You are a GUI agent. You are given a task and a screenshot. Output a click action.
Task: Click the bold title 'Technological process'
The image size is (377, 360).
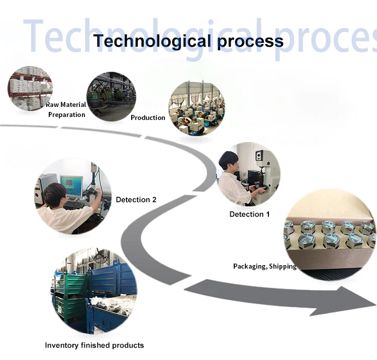point(189,41)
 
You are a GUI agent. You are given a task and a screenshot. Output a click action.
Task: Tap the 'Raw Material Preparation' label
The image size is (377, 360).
point(66,109)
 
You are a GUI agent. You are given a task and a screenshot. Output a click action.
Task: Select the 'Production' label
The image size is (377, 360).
point(148,117)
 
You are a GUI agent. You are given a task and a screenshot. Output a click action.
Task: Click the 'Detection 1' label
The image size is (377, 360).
point(249,214)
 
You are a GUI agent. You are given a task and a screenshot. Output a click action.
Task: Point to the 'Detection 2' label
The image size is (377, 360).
point(136,199)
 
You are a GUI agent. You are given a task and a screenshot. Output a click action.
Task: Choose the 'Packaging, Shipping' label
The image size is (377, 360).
point(265,266)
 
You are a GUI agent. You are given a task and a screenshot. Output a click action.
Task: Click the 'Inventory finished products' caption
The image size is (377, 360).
point(94,345)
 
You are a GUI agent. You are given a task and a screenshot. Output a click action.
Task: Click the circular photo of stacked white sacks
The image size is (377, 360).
point(30,88)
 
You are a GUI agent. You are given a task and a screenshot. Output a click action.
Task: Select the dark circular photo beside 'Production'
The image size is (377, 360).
point(111,96)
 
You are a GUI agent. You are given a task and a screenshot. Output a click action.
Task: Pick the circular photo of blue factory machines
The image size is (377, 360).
point(197,108)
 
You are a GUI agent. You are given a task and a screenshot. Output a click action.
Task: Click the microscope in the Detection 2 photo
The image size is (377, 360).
point(96,186)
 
